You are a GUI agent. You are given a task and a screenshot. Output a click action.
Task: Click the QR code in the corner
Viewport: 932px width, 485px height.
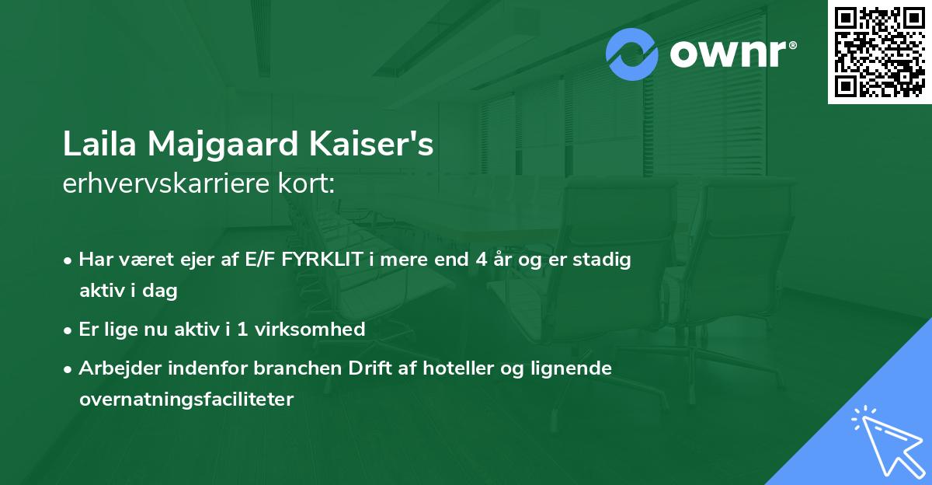tap(880, 51)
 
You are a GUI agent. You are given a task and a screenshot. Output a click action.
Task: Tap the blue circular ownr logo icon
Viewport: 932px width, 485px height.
tap(631, 54)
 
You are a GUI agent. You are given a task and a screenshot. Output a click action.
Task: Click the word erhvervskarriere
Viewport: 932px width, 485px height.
tap(168, 184)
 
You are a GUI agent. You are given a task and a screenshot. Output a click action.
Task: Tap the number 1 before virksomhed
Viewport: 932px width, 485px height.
tap(243, 329)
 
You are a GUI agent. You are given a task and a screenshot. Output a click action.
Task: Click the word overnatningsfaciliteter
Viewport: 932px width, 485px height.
tap(186, 400)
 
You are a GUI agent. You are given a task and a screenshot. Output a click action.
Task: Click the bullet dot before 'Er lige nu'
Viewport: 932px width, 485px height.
tap(69, 330)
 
